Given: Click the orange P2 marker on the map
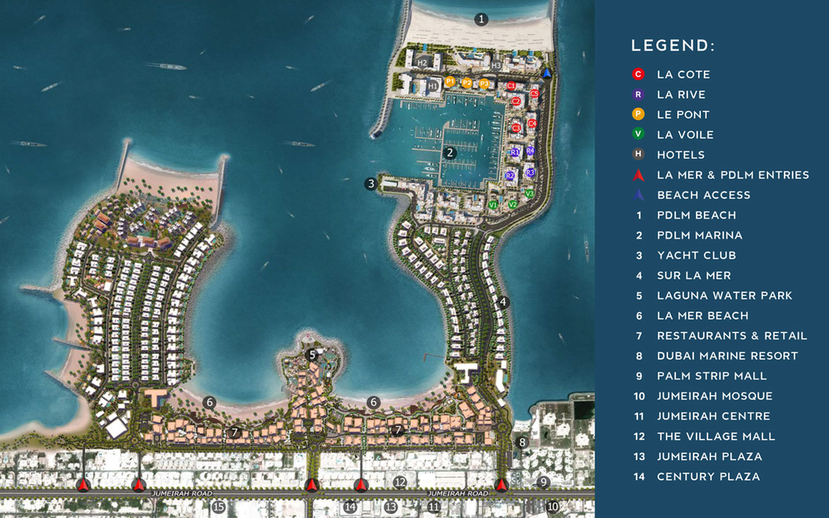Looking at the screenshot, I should pyautogui.click(x=467, y=83).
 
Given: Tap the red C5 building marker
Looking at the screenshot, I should pyautogui.click(x=534, y=93).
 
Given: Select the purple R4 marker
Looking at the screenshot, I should pyautogui.click(x=530, y=151).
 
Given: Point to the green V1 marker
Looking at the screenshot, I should pyautogui.click(x=493, y=205).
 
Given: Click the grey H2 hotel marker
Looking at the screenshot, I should pyautogui.click(x=423, y=63).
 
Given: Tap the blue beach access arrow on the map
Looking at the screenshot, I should pyautogui.click(x=547, y=73).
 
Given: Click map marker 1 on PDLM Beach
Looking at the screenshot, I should pyautogui.click(x=481, y=20).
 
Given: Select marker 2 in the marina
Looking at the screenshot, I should pyautogui.click(x=450, y=153).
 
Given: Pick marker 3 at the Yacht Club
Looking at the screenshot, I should pyautogui.click(x=371, y=184).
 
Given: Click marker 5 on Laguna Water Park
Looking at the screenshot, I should pyautogui.click(x=312, y=355).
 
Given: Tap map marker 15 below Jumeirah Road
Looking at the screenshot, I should pyautogui.click(x=218, y=507).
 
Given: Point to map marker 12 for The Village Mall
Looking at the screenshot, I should pyautogui.click(x=400, y=482).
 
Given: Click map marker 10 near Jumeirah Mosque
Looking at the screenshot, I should pyautogui.click(x=553, y=506).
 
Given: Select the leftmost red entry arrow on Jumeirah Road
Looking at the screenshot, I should pyautogui.click(x=84, y=485).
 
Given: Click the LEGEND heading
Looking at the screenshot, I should pyautogui.click(x=672, y=46).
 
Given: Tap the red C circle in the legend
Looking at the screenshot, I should pyautogui.click(x=638, y=74).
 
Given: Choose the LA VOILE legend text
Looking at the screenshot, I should pyautogui.click(x=685, y=135).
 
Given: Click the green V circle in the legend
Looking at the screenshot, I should pyautogui.click(x=638, y=134).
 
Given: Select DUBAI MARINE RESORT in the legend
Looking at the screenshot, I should pyautogui.click(x=727, y=356).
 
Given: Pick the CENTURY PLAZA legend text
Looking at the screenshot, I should pyautogui.click(x=708, y=477).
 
